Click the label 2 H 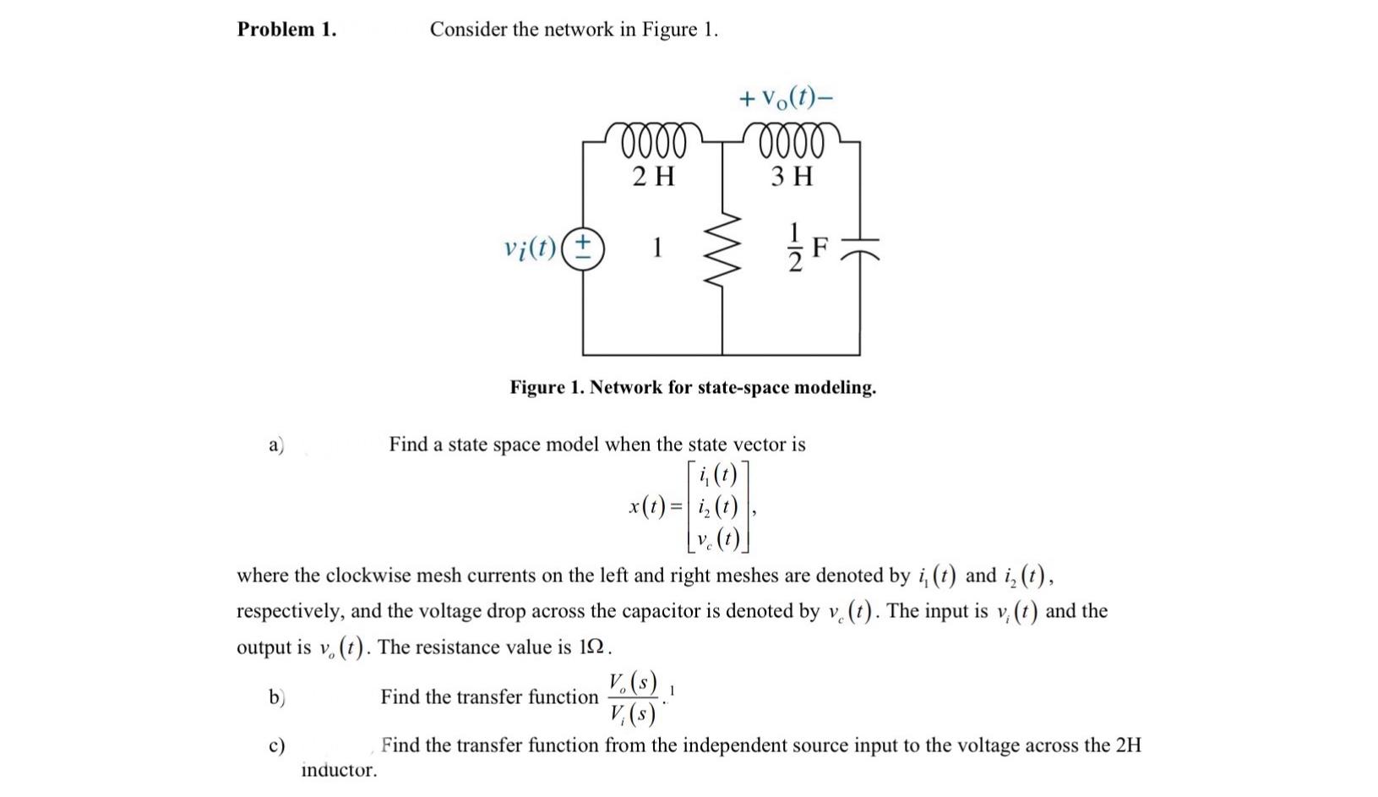(654, 177)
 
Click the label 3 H (792, 177)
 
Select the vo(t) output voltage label (786, 98)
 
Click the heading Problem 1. (286, 30)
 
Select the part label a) (276, 445)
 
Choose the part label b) (276, 697)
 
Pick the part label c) (276, 746)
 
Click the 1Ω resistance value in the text (592, 647)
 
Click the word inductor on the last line (339, 770)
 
